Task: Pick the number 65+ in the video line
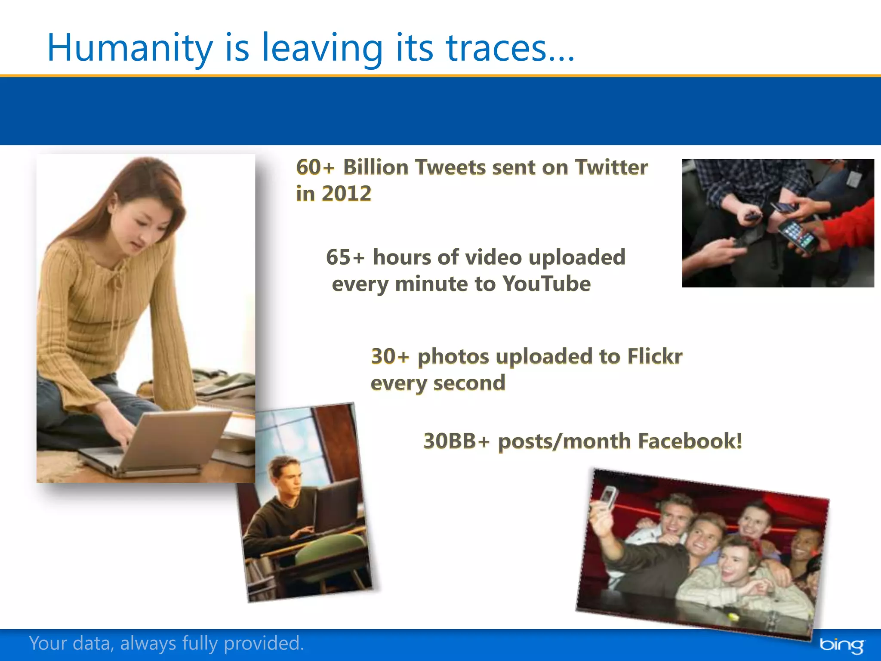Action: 345,257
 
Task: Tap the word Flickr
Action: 654,356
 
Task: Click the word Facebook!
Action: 690,441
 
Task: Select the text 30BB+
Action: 456,441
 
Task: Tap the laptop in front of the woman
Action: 172,443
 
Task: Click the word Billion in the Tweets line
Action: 375,167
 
